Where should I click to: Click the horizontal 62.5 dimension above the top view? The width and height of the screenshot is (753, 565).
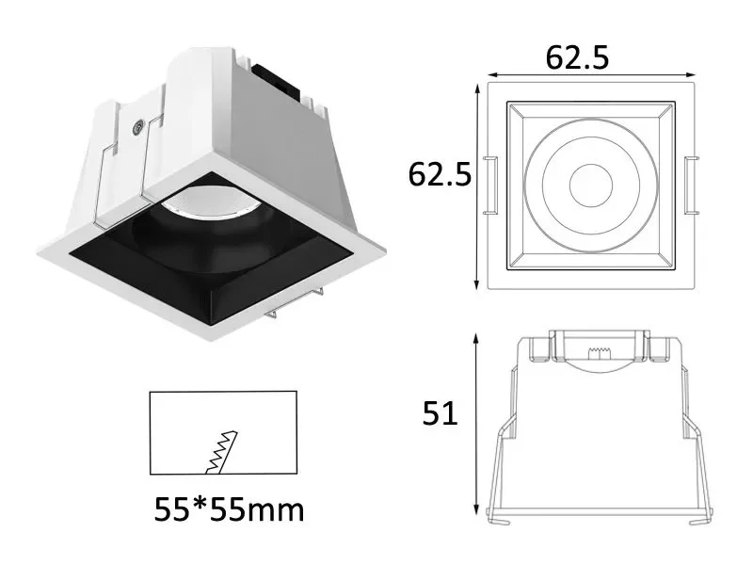click(577, 58)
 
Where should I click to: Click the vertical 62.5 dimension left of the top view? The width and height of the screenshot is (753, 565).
click(440, 174)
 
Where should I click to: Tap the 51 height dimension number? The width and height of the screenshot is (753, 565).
click(439, 413)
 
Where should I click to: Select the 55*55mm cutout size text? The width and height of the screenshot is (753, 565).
click(229, 510)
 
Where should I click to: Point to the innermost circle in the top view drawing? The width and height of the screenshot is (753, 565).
click(589, 182)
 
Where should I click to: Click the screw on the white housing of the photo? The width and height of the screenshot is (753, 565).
click(138, 125)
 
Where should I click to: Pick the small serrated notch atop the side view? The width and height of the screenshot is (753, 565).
click(594, 353)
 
